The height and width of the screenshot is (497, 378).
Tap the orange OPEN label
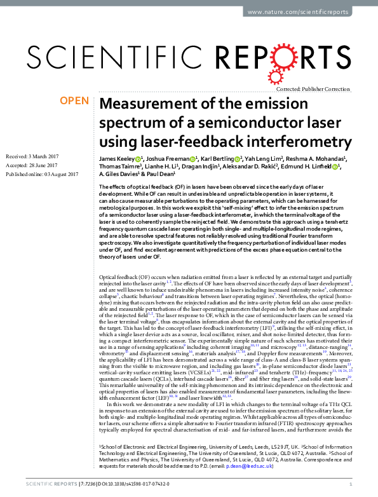73,101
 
